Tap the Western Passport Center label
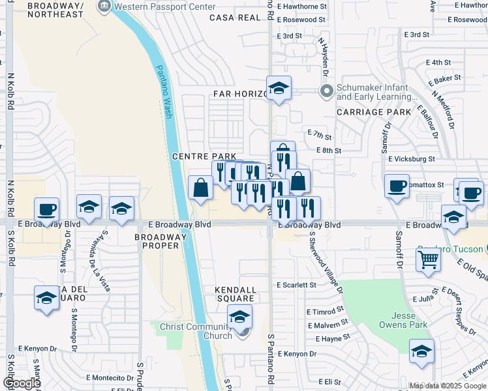164,7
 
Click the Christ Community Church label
196,330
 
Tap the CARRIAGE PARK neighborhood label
374,112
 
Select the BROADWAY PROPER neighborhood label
160,241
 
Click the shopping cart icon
429,259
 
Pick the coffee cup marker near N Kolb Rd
47,210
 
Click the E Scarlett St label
296,285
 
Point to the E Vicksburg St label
411,158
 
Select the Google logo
22,383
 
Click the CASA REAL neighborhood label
235,18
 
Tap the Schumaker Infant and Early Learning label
372,92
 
